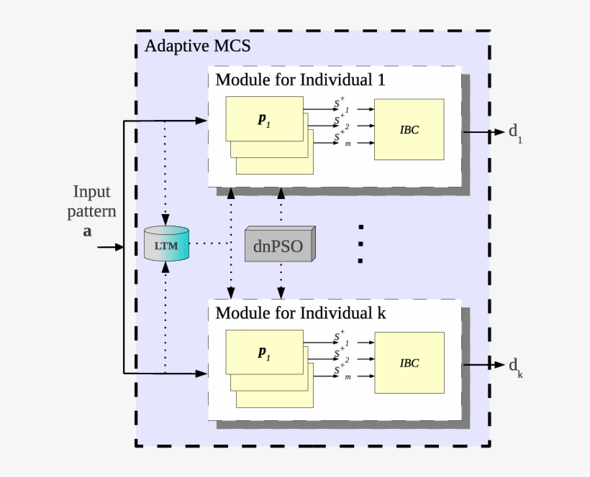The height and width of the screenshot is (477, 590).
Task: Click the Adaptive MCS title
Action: click(x=197, y=47)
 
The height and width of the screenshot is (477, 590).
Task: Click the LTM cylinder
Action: click(x=166, y=244)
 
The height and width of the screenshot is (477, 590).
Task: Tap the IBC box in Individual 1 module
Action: click(x=409, y=129)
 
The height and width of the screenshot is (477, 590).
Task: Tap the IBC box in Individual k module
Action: click(x=409, y=363)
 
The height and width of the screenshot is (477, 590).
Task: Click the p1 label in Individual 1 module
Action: click(x=264, y=119)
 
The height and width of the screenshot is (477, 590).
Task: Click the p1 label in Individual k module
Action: click(x=264, y=353)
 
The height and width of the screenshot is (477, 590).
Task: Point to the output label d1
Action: click(x=515, y=132)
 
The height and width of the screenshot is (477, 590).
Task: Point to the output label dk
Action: click(x=515, y=366)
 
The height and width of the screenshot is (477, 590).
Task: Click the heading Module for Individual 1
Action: click(x=300, y=80)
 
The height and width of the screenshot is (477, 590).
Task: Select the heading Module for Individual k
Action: click(x=300, y=313)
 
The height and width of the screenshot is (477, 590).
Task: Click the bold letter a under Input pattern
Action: click(x=88, y=231)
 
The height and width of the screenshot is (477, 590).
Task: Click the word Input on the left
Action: click(x=91, y=192)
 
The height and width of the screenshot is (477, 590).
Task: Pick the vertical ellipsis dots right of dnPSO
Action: click(x=360, y=245)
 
